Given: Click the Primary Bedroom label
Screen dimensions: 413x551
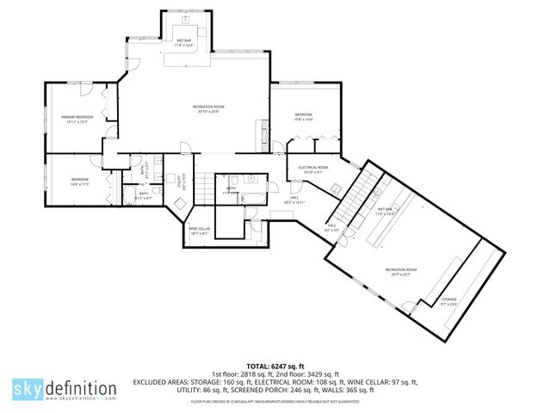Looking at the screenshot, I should tap(76, 119).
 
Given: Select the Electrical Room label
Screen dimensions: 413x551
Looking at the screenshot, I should tap(313, 169).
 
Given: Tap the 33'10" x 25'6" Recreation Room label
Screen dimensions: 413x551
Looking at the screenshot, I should tap(207, 109).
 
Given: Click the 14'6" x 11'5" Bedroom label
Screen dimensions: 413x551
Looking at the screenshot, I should tap(80, 182).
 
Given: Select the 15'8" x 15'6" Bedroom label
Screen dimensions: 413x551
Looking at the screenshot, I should tap(304, 117).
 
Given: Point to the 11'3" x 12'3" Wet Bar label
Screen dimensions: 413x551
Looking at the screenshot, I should tap(184, 43).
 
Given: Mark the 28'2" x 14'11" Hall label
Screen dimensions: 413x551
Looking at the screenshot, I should tap(294, 200).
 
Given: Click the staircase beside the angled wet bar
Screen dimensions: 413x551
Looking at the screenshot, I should tap(354, 199).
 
